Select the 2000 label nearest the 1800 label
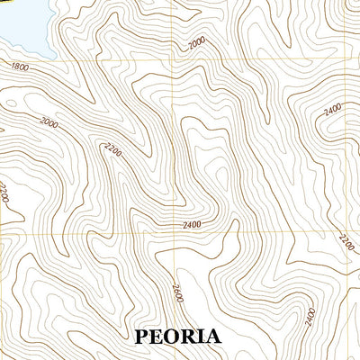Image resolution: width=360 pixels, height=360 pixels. (49, 121)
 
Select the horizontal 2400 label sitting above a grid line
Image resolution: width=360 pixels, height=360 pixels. (191, 224)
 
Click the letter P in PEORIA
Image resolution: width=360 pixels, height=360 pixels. (141, 337)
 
